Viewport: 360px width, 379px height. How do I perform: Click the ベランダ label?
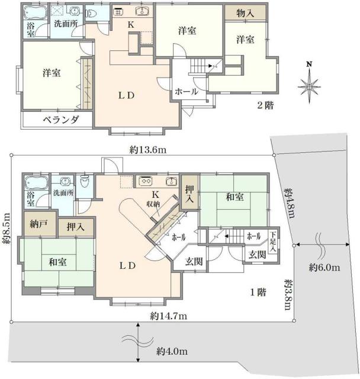point(60,120)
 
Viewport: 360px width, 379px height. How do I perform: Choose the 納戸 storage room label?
point(38,225)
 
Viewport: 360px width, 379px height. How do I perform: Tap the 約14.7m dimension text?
point(169,316)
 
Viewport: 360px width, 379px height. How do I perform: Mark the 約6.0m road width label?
point(324,268)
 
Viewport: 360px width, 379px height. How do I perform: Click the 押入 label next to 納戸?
point(75,226)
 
